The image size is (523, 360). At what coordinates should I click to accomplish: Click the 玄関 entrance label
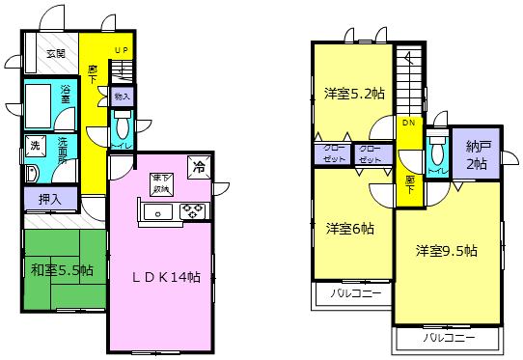(x=54, y=53)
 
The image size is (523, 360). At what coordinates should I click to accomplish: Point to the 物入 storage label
(x=123, y=97)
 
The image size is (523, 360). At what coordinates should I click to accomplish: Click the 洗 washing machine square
(x=35, y=146)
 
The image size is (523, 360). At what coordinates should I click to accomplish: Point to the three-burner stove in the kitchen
(x=187, y=211)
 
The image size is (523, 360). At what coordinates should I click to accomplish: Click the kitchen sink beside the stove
(x=157, y=211)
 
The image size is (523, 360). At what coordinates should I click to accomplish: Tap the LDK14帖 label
(x=165, y=277)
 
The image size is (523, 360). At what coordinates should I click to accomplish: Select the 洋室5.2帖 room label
(x=352, y=94)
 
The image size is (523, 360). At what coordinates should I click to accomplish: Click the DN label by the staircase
(x=408, y=124)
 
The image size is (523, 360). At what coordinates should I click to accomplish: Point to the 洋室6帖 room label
(x=349, y=229)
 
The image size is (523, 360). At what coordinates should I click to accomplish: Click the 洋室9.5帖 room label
(x=447, y=251)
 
